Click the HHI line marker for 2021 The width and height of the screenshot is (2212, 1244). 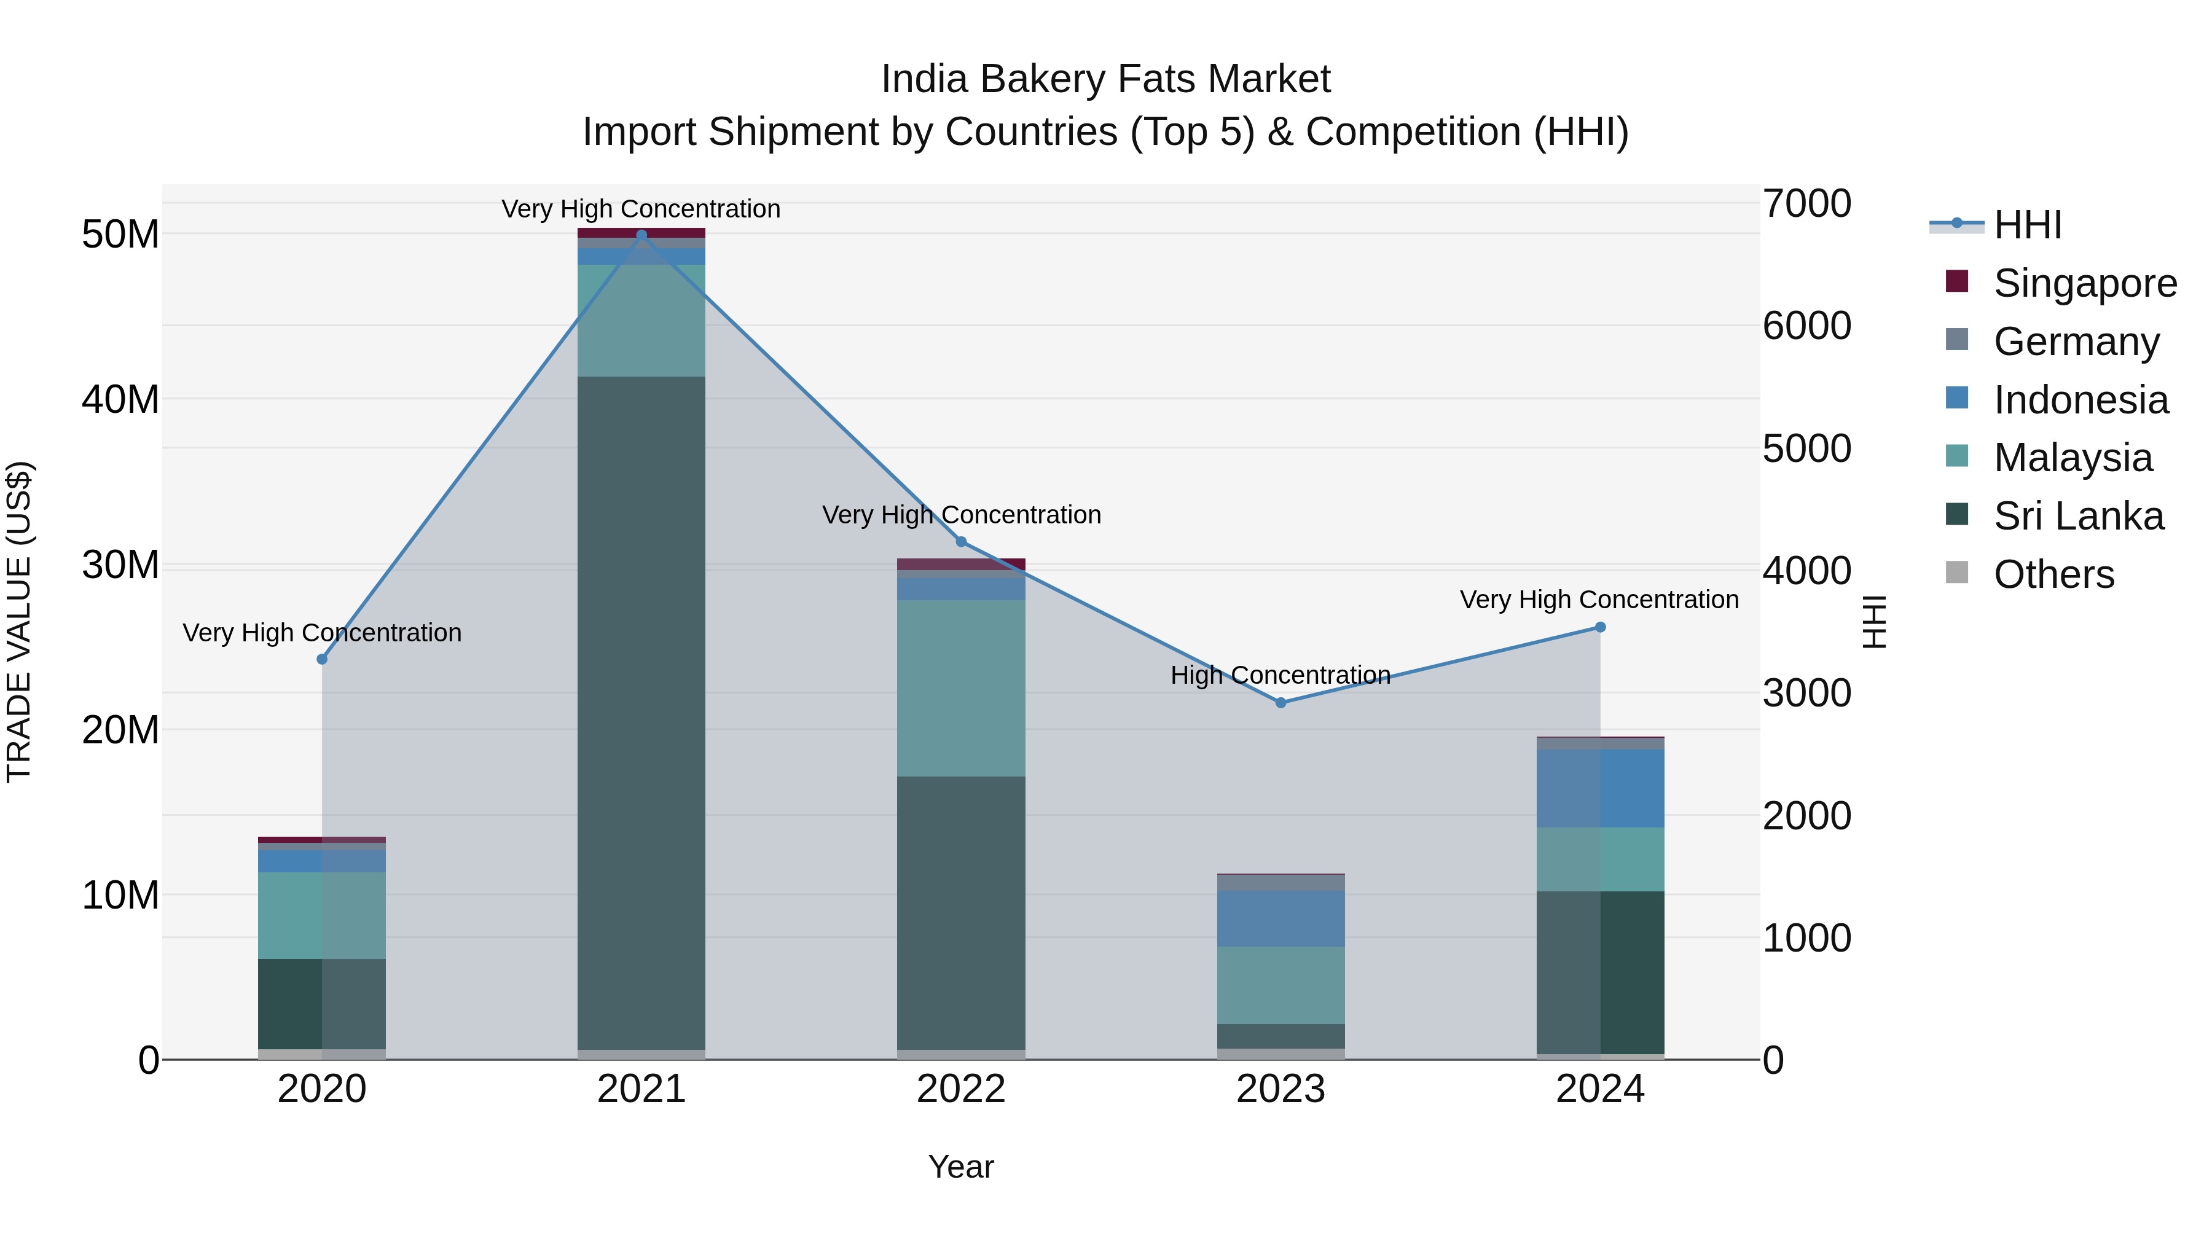(641, 235)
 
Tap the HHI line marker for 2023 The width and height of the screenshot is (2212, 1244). (1281, 702)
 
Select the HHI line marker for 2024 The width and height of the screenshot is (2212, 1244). (1600, 628)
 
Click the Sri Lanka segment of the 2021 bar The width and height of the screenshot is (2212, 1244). (641, 713)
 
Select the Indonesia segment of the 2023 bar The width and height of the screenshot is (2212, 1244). (1281, 918)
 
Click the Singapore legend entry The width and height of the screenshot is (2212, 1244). (2084, 283)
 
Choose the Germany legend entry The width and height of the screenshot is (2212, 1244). (2076, 342)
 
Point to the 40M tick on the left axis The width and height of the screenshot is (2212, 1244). (120, 399)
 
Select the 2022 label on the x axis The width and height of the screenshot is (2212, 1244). (961, 1089)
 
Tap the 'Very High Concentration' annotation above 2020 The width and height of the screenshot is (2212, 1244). (322, 633)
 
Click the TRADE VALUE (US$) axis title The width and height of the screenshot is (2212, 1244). (19, 622)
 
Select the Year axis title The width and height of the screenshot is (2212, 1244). (961, 1167)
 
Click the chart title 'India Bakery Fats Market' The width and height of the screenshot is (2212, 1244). (1105, 79)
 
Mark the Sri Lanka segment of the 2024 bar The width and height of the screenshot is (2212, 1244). (1600, 972)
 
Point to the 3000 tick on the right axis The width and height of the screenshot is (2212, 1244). (1806, 693)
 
